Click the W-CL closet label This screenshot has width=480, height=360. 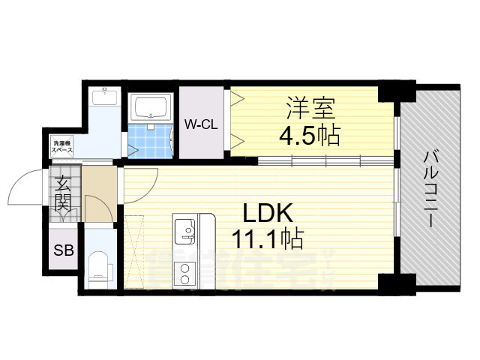point(201,124)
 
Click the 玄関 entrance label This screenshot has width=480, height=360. point(61,192)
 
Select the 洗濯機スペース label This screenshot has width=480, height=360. point(62,147)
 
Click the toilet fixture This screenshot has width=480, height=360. point(99,267)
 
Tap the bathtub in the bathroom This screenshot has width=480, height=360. point(152,109)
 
